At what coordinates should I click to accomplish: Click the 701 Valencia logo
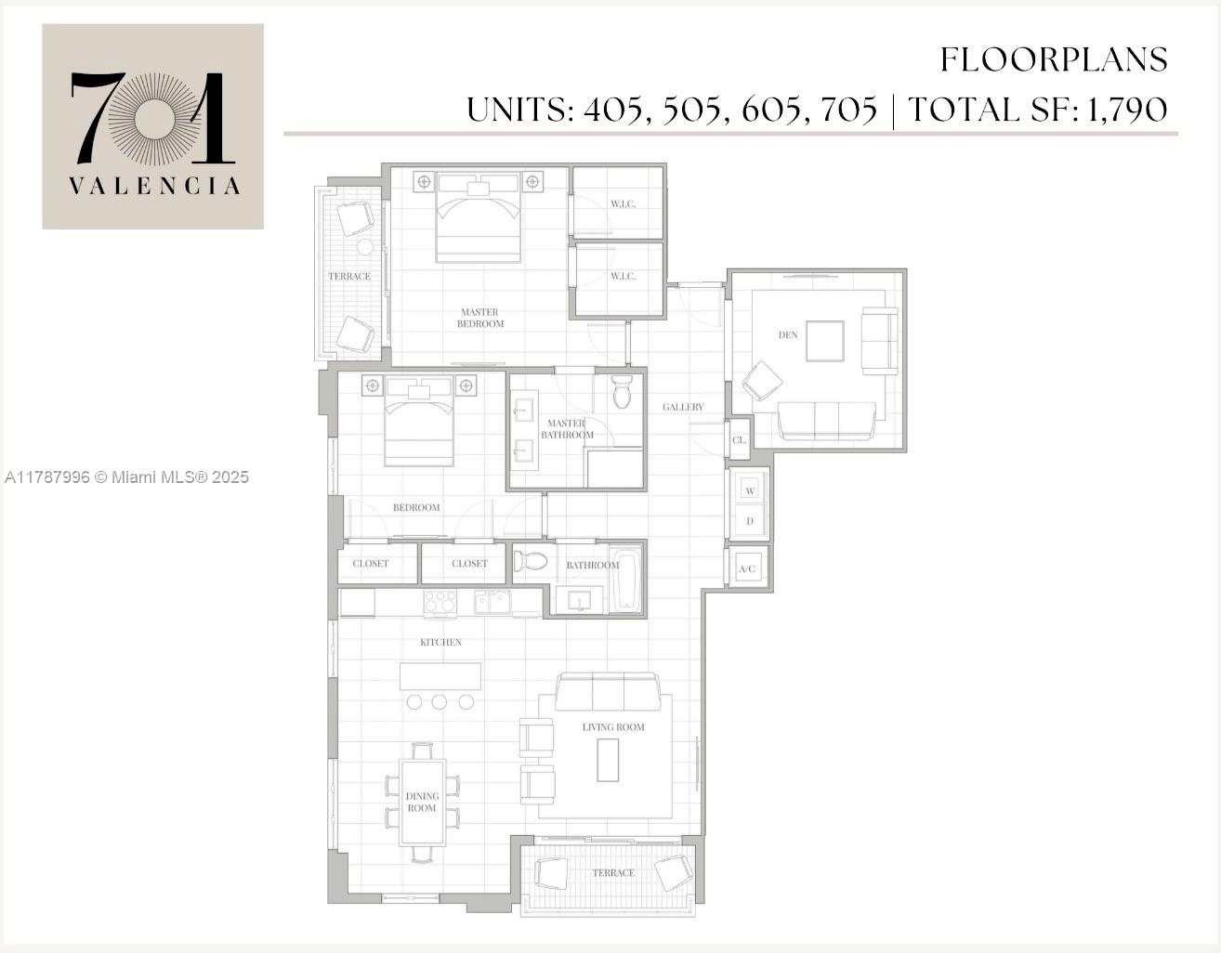click(152, 126)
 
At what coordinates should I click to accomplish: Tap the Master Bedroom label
click(479, 318)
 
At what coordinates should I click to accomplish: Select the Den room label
click(788, 334)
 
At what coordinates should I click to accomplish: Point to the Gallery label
click(683, 407)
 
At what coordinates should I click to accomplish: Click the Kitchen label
click(440, 642)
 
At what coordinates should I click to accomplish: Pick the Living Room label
click(613, 726)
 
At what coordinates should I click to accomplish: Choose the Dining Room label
click(422, 802)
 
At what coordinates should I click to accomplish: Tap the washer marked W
click(750, 490)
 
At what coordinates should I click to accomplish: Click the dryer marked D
click(750, 521)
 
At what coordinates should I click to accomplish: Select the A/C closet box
click(747, 568)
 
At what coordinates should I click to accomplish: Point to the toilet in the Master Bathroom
click(622, 393)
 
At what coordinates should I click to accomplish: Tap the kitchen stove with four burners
click(440, 603)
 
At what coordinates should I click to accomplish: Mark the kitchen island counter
click(440, 676)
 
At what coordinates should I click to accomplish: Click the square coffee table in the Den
click(824, 341)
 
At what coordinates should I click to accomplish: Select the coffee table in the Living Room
click(608, 759)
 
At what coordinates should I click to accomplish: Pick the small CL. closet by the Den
click(740, 440)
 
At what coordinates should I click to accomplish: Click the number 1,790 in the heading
click(1126, 110)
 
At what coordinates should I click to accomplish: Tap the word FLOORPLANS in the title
click(1054, 59)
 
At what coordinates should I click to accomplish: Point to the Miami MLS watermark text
click(126, 477)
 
